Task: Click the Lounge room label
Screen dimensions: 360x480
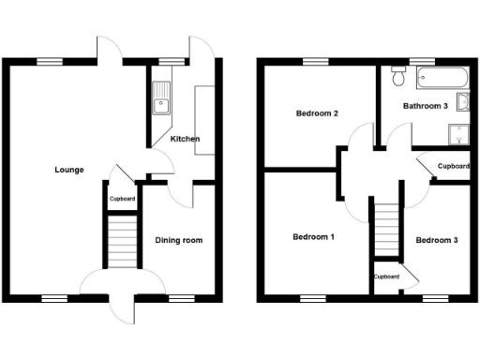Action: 69,170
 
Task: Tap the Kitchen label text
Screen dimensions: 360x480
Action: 185,139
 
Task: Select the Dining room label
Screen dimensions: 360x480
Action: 178,240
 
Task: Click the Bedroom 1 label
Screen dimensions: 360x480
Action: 312,237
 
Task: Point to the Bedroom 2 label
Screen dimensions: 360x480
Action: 317,113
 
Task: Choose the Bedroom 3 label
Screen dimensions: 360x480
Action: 437,240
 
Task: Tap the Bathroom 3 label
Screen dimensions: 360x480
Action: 425,106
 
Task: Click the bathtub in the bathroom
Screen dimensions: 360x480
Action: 435,77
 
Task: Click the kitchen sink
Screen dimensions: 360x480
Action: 160,97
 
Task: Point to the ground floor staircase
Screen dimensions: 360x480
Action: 119,241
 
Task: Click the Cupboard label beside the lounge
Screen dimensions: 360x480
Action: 122,199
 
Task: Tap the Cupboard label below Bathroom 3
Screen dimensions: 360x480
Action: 453,166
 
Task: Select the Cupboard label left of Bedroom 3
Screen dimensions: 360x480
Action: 386,277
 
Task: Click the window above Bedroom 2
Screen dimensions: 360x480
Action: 315,62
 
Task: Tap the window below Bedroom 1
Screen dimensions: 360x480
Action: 312,299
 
